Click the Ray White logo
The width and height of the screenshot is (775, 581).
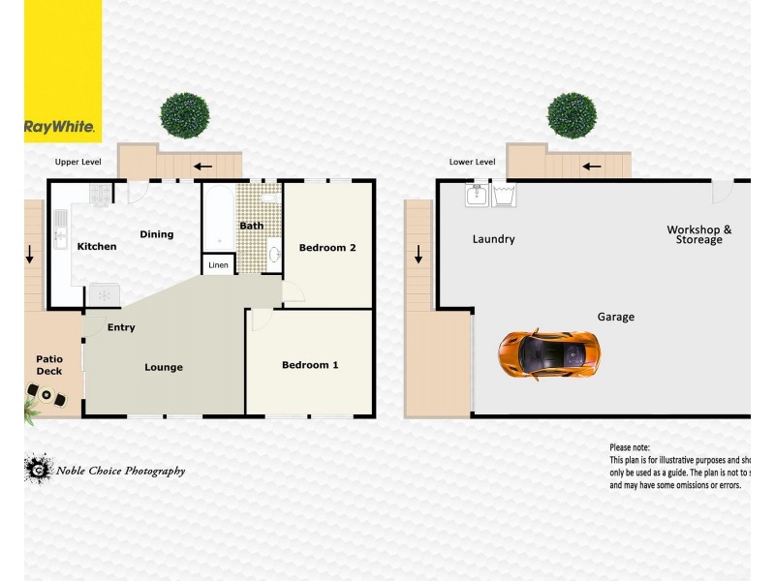pyautogui.click(x=59, y=127)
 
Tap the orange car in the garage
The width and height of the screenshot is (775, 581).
pyautogui.click(x=549, y=354)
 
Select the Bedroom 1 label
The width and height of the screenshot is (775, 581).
pyautogui.click(x=310, y=365)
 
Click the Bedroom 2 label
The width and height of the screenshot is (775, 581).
pyautogui.click(x=327, y=248)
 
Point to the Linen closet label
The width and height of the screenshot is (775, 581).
pyautogui.click(x=219, y=264)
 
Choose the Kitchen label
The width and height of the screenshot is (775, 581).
pyautogui.click(x=97, y=247)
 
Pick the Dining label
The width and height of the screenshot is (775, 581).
pyautogui.click(x=157, y=234)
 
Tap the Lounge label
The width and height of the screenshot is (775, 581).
pyautogui.click(x=164, y=367)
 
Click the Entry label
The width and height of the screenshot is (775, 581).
pyautogui.click(x=121, y=327)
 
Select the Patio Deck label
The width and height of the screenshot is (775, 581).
pyautogui.click(x=49, y=365)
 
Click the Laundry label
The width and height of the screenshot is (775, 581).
pyautogui.click(x=494, y=239)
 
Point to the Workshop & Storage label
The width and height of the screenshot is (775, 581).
pyautogui.click(x=699, y=234)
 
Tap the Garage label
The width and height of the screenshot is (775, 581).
pyautogui.click(x=616, y=317)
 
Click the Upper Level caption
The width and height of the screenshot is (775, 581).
pyautogui.click(x=77, y=163)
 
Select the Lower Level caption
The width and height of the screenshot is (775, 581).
pyautogui.click(x=473, y=163)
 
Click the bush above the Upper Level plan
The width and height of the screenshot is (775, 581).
pyautogui.click(x=184, y=116)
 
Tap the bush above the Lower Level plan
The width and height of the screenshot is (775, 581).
pyautogui.click(x=572, y=116)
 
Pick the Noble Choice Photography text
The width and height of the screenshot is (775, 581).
pyautogui.click(x=120, y=472)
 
